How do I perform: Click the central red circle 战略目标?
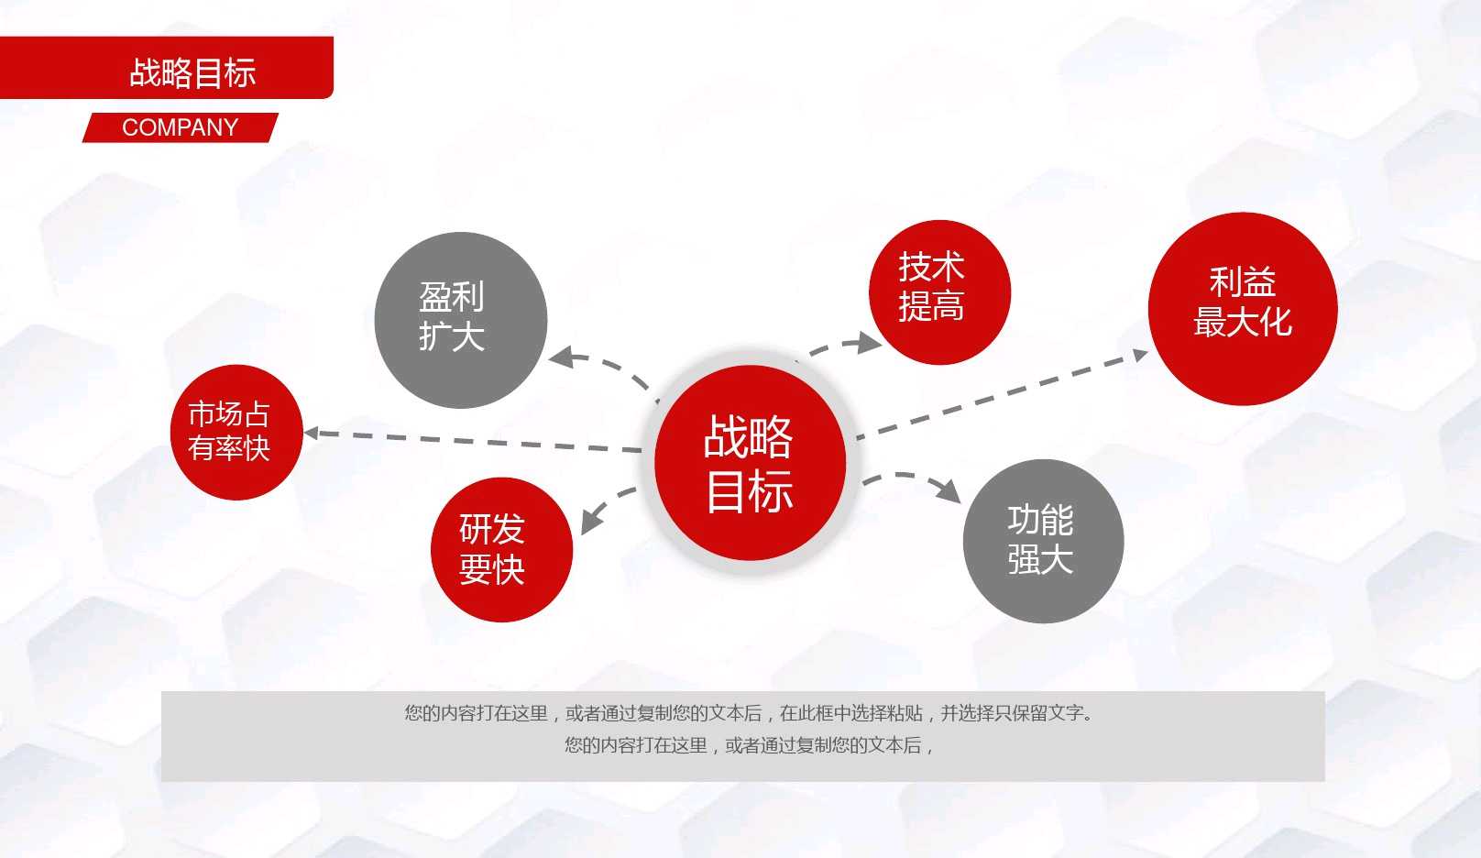750,463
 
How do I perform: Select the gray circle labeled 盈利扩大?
461,320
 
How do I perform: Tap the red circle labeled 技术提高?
939,291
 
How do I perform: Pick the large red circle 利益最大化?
1243,309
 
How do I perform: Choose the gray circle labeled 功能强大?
1043,541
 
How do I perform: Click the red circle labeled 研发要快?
501,549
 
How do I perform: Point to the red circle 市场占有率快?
236,432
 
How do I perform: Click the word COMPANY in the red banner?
180,127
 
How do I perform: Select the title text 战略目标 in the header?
192,72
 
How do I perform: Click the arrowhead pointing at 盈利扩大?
561,356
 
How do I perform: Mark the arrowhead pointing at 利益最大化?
1139,355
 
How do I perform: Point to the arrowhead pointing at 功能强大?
949,490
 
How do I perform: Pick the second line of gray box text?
749,745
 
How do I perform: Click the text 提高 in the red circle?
931,307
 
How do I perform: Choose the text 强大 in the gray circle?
1040,559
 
